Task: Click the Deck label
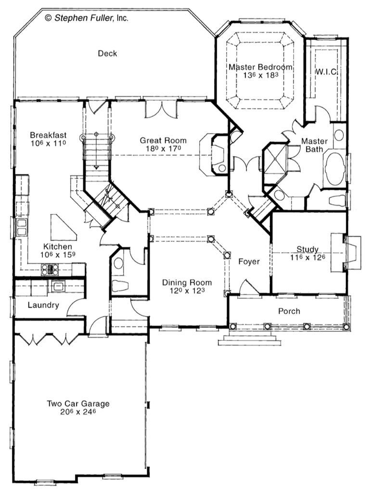107,53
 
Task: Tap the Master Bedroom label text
260,67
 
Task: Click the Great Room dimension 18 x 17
163,149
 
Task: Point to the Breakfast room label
48,135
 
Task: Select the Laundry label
43,305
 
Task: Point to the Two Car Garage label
78,403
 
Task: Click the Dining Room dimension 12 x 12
187,291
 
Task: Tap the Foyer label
249,262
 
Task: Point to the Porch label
289,311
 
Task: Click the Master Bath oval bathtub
334,169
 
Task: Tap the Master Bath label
314,145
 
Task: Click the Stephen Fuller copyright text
87,18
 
